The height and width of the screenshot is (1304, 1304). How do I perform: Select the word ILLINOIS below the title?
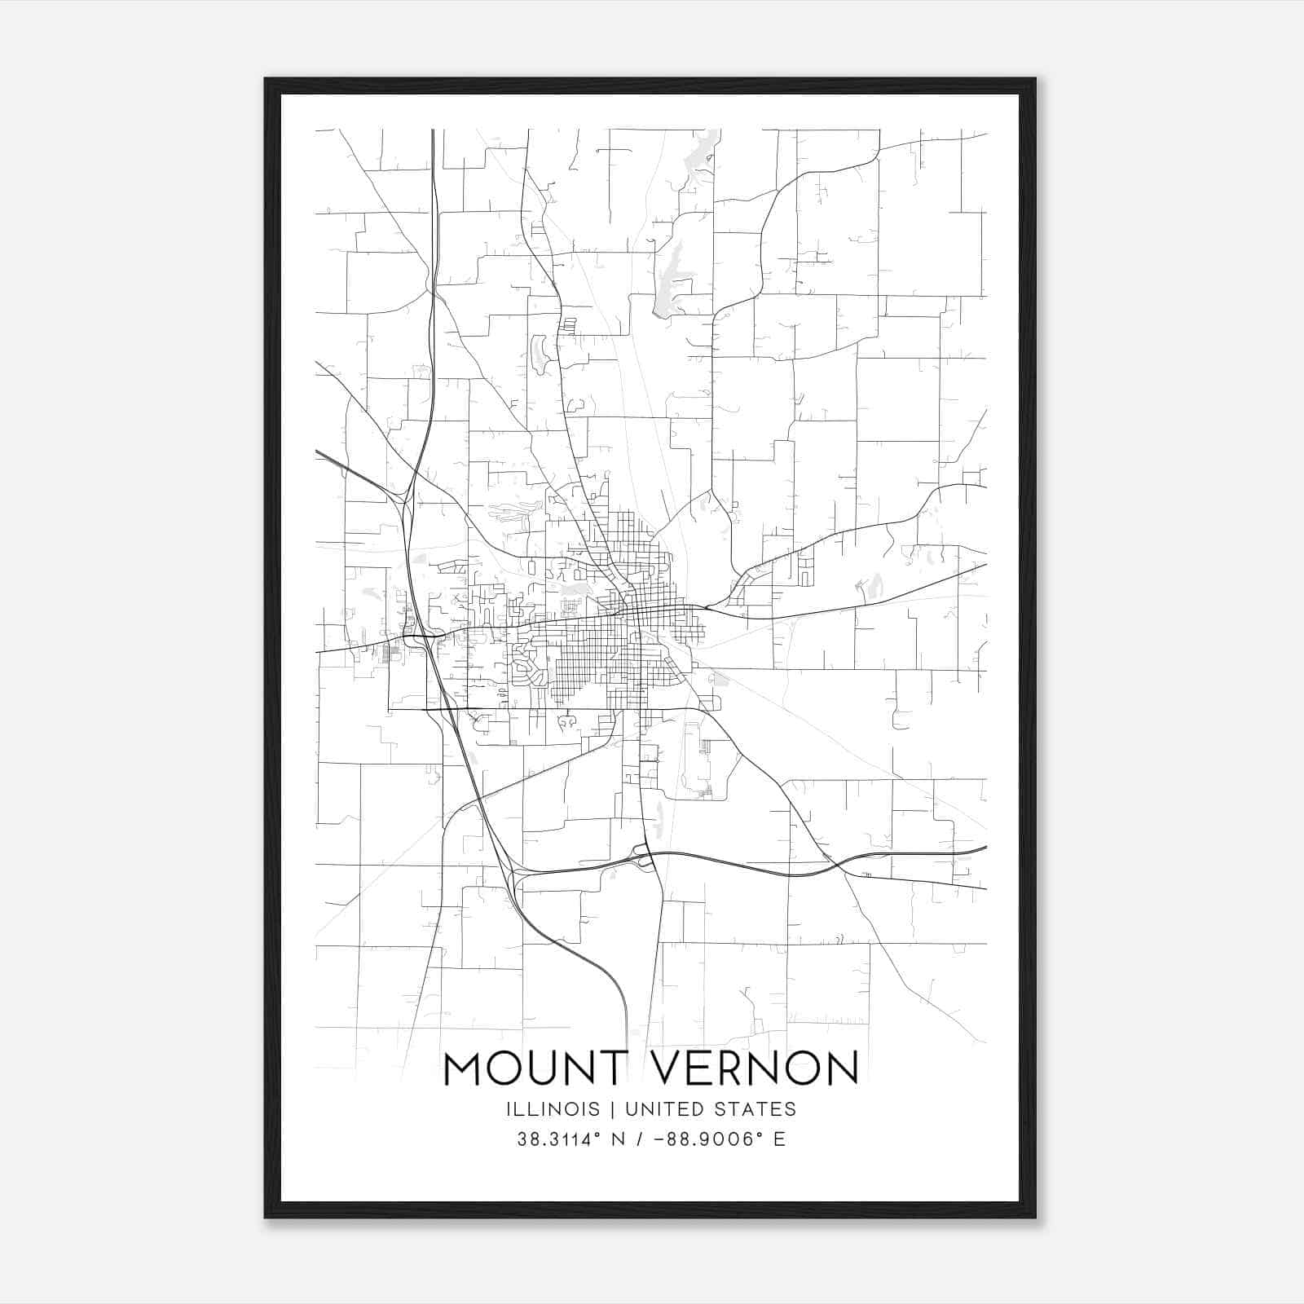(x=552, y=1109)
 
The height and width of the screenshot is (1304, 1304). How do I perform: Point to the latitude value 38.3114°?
(x=558, y=1139)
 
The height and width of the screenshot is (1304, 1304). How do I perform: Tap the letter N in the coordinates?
(x=619, y=1139)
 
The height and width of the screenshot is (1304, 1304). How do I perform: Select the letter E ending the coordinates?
(x=779, y=1139)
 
